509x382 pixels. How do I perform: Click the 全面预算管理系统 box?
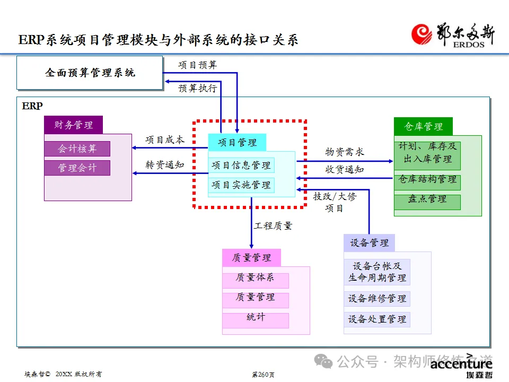coord(89,73)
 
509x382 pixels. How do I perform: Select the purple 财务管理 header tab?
coord(73,125)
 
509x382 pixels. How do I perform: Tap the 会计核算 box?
coord(77,149)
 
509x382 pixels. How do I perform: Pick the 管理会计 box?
coord(77,168)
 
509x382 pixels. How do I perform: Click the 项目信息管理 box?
coord(241,165)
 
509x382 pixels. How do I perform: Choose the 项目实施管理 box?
coord(241,185)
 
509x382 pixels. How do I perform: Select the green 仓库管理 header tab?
coord(423,126)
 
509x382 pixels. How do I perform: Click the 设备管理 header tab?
coord(369,243)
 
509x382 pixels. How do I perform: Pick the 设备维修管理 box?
coord(377,299)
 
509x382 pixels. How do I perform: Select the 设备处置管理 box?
coord(377,319)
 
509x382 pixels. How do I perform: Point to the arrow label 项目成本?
coord(165,140)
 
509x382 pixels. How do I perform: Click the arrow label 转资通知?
coord(165,164)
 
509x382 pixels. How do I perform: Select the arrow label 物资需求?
coord(345,152)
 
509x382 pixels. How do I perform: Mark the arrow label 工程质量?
coord(273,226)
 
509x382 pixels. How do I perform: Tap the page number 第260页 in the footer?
coord(263,375)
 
